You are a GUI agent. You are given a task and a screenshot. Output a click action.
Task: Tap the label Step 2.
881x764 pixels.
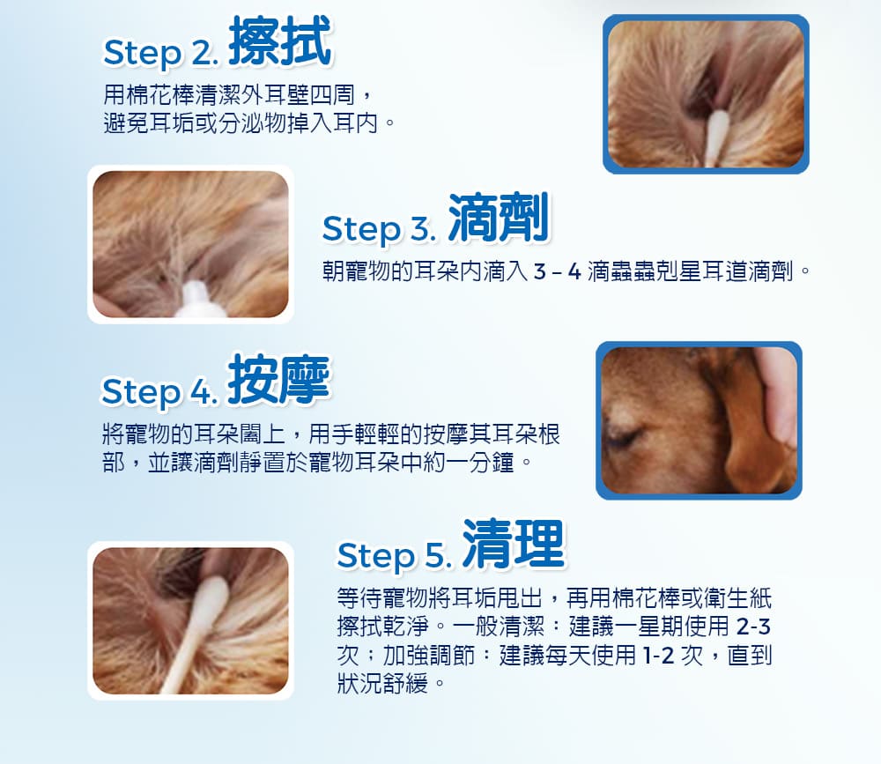(159, 54)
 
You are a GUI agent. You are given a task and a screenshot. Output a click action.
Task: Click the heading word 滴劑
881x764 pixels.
(499, 219)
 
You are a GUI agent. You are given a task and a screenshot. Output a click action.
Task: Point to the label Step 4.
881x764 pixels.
(159, 391)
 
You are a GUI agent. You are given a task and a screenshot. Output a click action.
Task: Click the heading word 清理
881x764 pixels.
(513, 545)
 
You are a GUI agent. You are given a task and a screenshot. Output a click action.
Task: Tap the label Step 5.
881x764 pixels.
(393, 556)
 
